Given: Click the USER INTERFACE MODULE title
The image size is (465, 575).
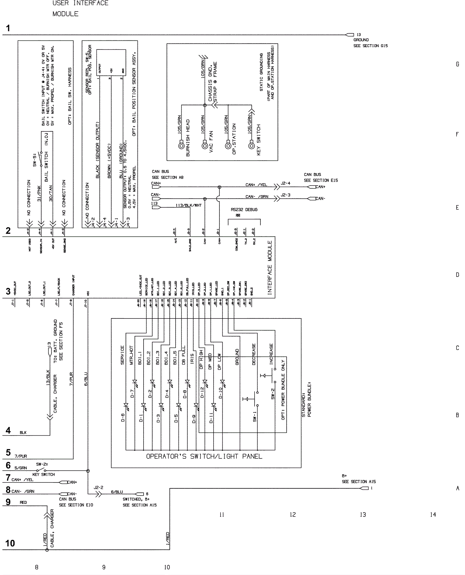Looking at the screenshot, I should click(80, 8).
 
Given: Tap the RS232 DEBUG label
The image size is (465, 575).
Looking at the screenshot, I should click(244, 210).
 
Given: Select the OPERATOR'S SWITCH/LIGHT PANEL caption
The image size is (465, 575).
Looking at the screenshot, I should click(204, 456).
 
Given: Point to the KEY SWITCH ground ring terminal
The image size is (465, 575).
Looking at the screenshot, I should click(251, 145).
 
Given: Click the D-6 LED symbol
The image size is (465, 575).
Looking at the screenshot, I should click(126, 405).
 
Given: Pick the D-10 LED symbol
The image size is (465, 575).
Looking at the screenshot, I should click(222, 382).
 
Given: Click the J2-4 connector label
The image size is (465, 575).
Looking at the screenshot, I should click(285, 183).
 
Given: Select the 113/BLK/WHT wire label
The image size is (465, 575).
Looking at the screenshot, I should click(188, 205).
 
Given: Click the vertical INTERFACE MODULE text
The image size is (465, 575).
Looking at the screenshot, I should click(270, 268).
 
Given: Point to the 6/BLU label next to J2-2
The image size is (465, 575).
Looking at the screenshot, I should click(117, 492).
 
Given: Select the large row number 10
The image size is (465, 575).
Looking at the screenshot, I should click(10, 543).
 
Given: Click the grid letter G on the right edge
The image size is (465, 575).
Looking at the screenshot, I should click(457, 64).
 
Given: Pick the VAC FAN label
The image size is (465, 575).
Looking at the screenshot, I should click(211, 142).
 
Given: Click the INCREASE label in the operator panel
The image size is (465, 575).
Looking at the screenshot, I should click(271, 354).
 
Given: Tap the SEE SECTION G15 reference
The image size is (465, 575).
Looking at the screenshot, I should click(370, 46).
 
